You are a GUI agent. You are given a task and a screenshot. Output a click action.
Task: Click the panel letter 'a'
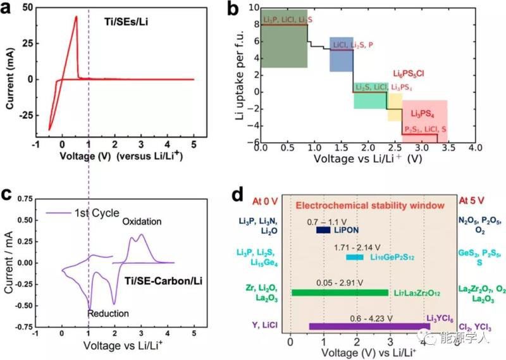pos(9,11)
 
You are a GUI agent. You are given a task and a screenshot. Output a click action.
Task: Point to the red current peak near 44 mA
pos(76,18)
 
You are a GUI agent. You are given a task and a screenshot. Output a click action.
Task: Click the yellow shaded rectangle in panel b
pos(395,106)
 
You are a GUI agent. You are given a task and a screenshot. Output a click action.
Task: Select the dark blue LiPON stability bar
pos(323,230)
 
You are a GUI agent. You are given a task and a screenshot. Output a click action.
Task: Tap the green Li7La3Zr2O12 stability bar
pos(340,292)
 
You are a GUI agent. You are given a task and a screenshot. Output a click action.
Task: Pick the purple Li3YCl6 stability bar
pos(369,326)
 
